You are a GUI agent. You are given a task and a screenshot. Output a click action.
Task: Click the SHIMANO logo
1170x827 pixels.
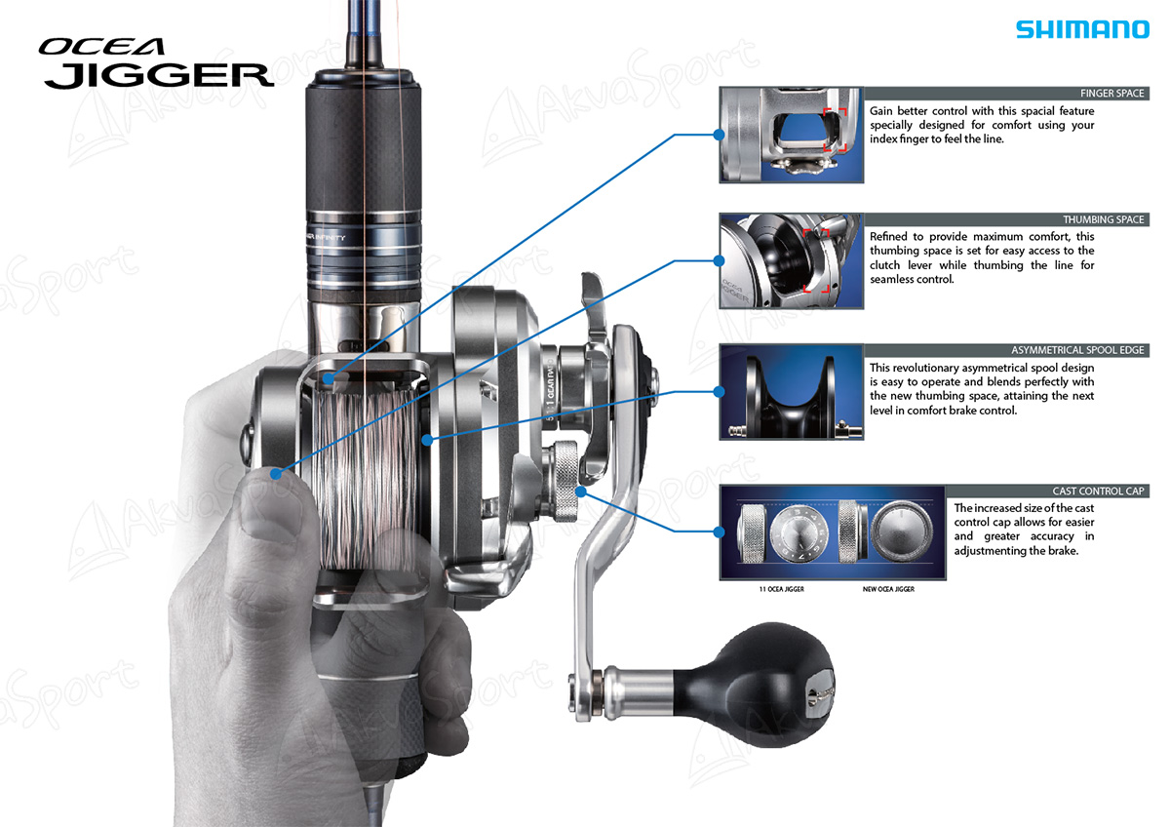coord(1082,29)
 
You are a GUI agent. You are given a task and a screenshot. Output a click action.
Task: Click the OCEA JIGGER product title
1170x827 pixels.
coord(156,64)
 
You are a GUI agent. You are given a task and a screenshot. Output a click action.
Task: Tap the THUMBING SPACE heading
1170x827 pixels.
coord(1103,220)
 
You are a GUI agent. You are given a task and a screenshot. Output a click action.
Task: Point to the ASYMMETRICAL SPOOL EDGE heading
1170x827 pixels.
coord(1077,350)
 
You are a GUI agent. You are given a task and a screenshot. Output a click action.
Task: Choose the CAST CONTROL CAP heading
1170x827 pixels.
coord(1098,492)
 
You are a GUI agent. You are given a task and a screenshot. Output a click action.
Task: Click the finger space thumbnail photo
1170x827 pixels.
coord(791,135)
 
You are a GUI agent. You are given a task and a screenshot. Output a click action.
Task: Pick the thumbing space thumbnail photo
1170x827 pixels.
coord(791,261)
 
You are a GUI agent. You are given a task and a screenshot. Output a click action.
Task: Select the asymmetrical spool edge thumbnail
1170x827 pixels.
coord(791,392)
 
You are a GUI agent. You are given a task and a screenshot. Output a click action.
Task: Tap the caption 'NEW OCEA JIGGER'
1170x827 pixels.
coord(888,589)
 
